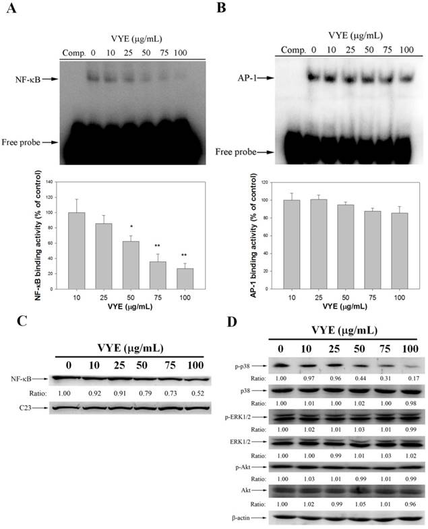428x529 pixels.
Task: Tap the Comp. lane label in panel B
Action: pos(293,49)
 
